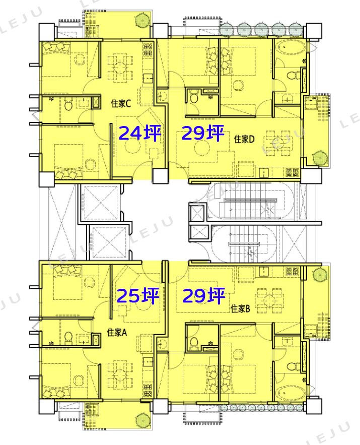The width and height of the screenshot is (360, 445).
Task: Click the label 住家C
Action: click(121, 104)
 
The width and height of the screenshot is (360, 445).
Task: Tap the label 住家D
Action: click(245, 139)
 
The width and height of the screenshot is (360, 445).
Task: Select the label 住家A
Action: click(117, 332)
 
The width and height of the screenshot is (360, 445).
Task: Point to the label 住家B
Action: click(240, 308)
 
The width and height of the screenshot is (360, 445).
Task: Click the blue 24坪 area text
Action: click(140, 133)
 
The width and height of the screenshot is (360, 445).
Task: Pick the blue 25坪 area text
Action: click(138, 295)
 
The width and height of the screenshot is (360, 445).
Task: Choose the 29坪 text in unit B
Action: click(204, 295)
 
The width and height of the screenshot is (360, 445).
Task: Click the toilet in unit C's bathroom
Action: click(68, 104)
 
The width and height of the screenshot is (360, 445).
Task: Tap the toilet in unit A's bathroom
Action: click(68, 338)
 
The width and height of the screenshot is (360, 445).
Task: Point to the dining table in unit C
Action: click(120, 68)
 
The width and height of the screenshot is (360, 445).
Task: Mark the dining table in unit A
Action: click(120, 374)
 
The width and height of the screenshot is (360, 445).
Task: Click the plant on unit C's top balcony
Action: click(141, 20)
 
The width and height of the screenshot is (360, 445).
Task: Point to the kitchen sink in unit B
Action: click(264, 271)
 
